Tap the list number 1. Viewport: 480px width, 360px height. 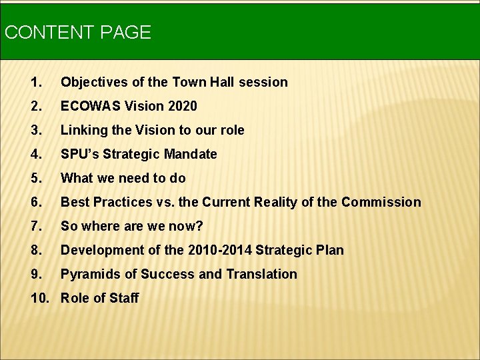pyautogui.click(x=36, y=82)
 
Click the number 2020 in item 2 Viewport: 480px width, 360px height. pyautogui.click(x=182, y=106)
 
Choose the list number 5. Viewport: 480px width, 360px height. pyautogui.click(x=36, y=178)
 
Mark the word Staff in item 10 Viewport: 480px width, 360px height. pyautogui.click(x=124, y=298)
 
